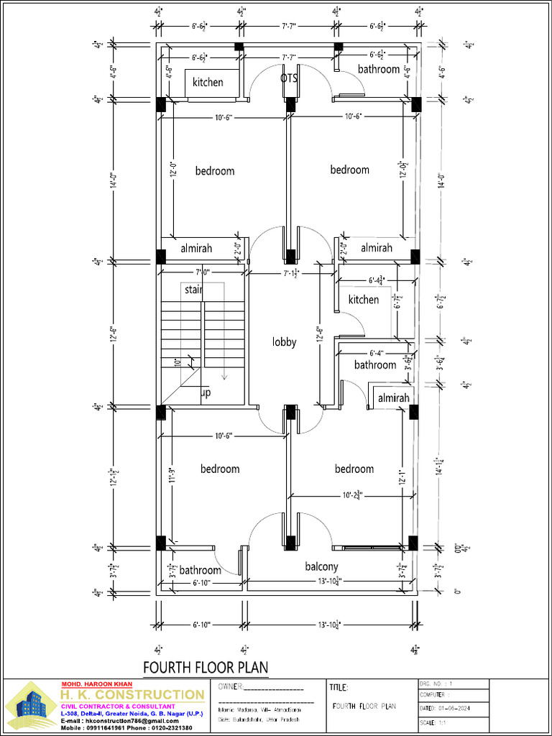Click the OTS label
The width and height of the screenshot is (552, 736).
tap(289, 78)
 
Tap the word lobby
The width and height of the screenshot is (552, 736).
tap(284, 342)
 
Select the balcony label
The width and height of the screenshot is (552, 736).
tap(321, 566)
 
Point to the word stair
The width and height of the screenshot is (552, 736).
tap(193, 290)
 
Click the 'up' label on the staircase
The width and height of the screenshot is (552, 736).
tap(206, 393)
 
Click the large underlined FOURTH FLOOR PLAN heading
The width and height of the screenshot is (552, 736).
tap(206, 668)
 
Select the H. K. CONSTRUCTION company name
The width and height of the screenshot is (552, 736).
tap(132, 694)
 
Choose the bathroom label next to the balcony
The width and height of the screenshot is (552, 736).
tap(200, 570)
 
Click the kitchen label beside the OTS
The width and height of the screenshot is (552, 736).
tap(208, 82)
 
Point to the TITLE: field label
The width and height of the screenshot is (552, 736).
tap(339, 688)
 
